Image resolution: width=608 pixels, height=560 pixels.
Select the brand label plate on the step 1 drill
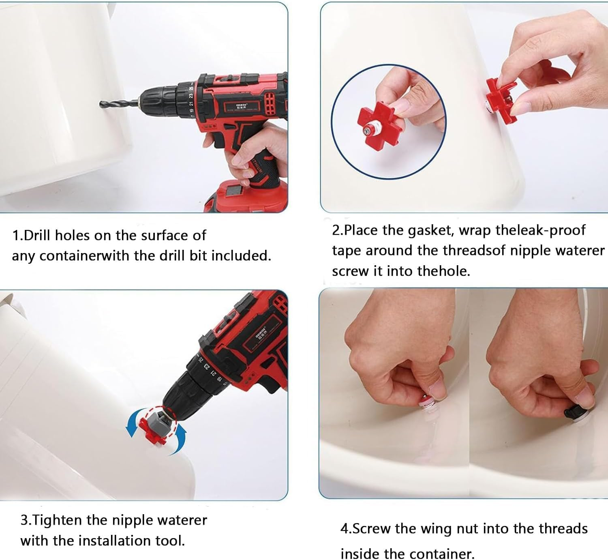(242, 107)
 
